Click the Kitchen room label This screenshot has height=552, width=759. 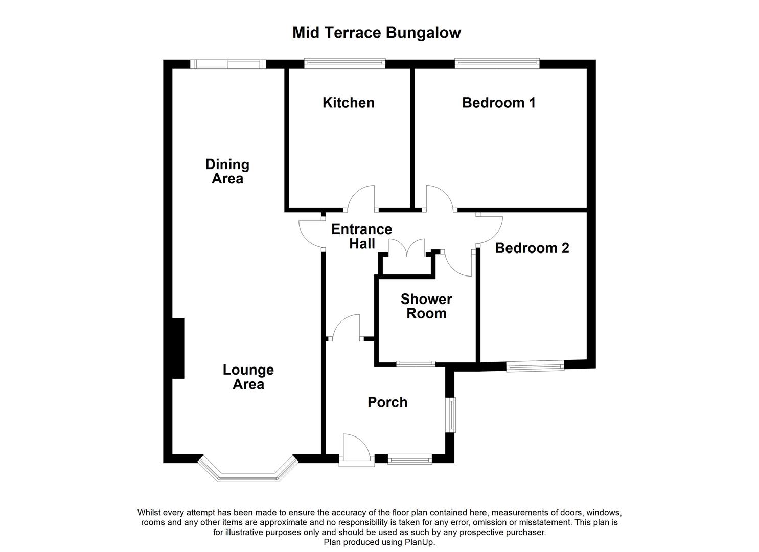pos(348,103)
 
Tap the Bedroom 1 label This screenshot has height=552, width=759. pos(498,103)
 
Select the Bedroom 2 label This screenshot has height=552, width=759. pos(532,248)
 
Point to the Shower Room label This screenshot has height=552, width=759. pos(426,306)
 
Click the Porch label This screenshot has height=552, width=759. pos(387,402)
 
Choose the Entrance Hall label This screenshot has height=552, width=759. pos(362,237)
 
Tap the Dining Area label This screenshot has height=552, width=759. pos(227,172)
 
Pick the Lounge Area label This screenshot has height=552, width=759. pos(248,377)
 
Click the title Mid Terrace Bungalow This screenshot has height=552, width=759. pos(377,33)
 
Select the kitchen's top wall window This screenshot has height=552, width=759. pos(345,63)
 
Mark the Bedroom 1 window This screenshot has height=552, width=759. pos(497,63)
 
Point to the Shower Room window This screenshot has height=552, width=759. pos(416,364)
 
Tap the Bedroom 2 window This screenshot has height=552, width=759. pos(535,365)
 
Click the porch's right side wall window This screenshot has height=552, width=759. pos(451,415)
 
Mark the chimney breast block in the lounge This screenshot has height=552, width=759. pos(177,348)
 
